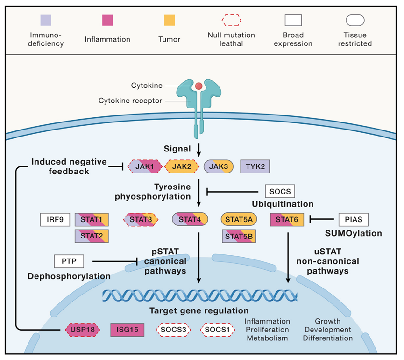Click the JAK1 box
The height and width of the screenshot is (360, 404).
point(145,166)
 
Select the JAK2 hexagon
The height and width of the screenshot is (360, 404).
point(182,166)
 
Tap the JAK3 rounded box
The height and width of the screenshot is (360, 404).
point(219,166)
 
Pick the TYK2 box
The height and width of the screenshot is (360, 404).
point(255,166)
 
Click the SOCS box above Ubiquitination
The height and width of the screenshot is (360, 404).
point(280,191)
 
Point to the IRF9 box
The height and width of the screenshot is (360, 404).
point(55,219)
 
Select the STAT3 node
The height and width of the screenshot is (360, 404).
point(141,219)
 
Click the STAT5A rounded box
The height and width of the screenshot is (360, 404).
point(239,219)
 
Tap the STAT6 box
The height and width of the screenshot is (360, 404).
point(287,219)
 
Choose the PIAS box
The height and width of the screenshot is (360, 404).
point(354,219)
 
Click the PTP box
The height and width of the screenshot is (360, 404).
point(69,261)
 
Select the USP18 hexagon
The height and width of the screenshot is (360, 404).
point(83,330)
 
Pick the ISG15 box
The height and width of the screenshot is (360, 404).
point(128,330)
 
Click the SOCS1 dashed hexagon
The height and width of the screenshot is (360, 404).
point(217,330)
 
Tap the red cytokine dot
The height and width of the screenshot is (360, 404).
point(198,86)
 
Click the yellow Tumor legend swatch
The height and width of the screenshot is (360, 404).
point(170,20)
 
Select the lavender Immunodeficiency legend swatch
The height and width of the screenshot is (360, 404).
point(46,20)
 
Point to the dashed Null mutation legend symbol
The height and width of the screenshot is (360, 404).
point(231,20)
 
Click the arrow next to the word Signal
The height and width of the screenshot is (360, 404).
point(198,150)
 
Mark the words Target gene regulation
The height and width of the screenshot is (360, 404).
point(199,310)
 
